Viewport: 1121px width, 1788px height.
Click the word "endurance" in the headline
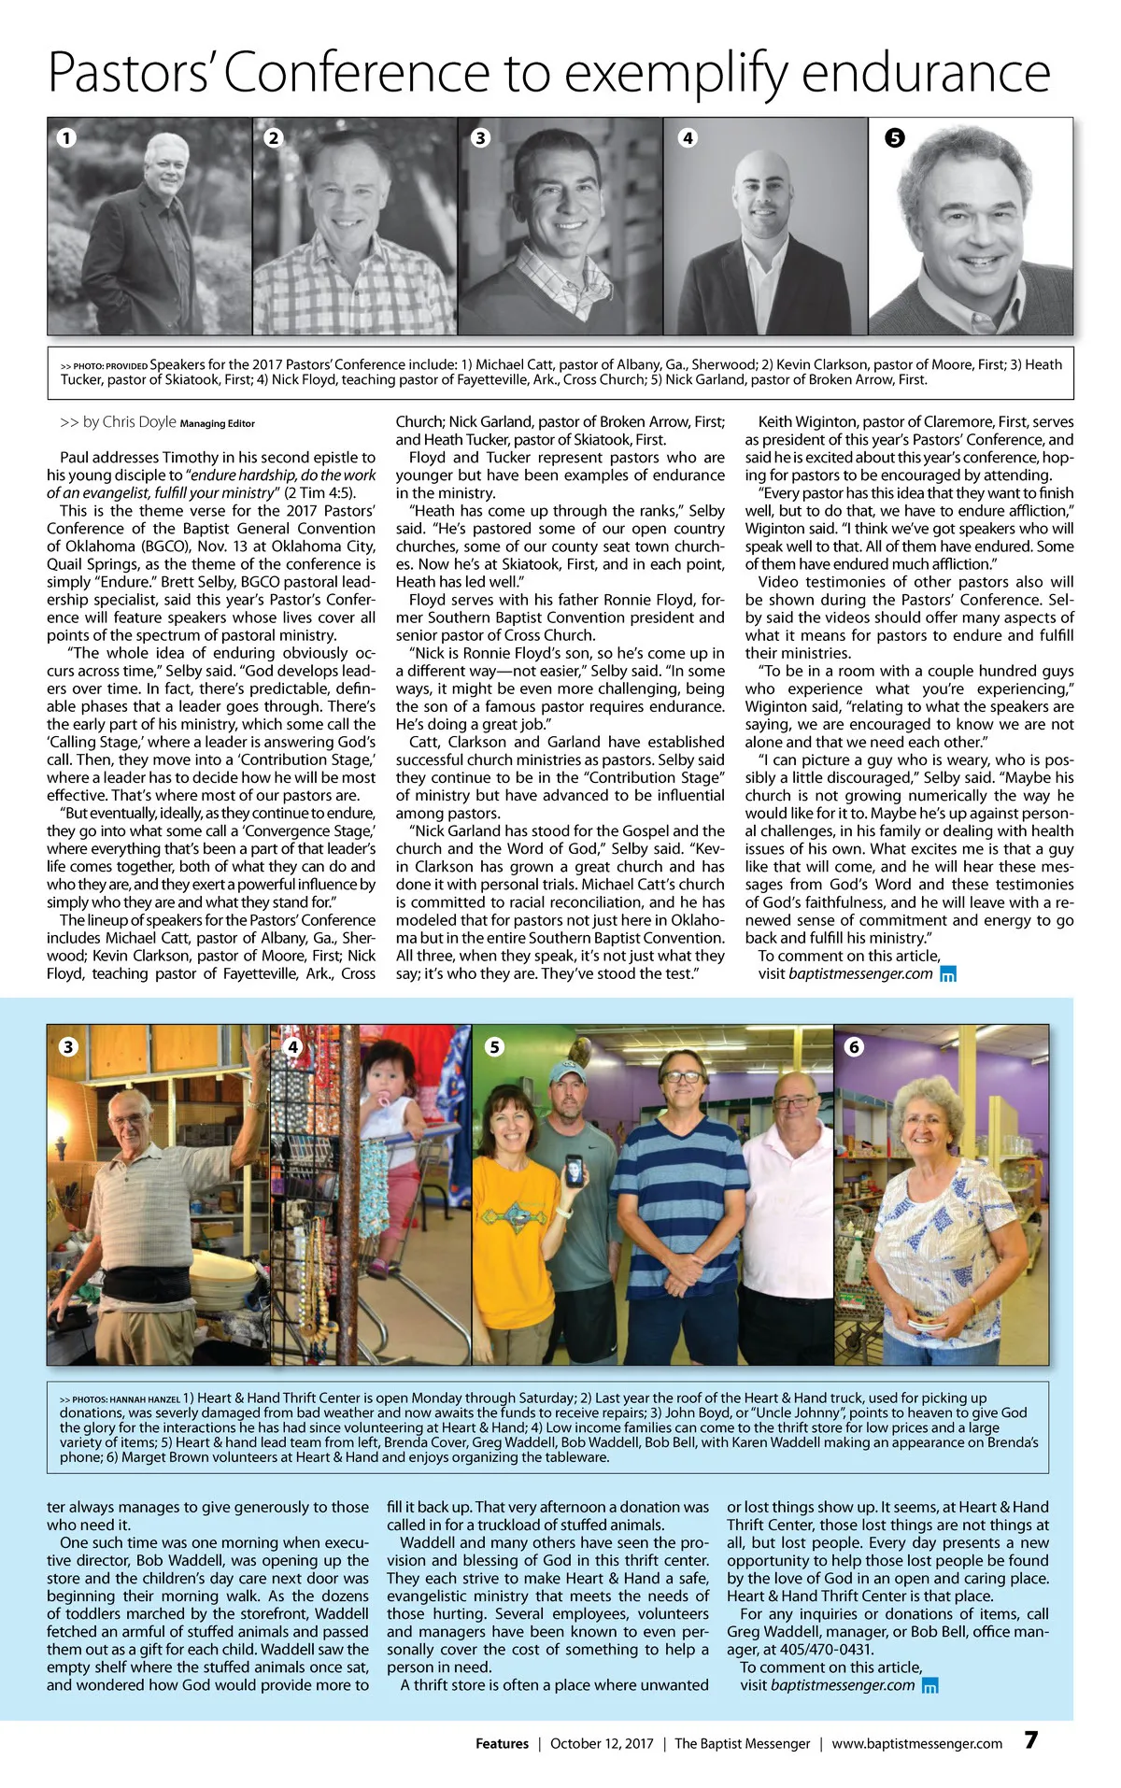[x=926, y=73]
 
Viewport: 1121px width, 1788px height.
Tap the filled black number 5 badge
[x=894, y=138]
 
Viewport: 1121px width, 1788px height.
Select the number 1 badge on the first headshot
[x=65, y=137]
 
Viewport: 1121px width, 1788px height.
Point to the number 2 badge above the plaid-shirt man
[x=273, y=137]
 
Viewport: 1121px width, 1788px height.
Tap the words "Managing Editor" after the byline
[x=217, y=424]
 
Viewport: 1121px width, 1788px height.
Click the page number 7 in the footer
[x=1030, y=1739]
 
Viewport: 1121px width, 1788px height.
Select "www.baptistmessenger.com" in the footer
[x=916, y=1743]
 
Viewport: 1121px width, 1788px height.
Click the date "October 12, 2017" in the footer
[x=602, y=1743]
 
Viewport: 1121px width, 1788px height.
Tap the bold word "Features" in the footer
[x=502, y=1743]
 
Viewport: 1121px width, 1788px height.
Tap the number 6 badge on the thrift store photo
[x=853, y=1047]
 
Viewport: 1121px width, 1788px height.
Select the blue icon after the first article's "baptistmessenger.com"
[x=947, y=974]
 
